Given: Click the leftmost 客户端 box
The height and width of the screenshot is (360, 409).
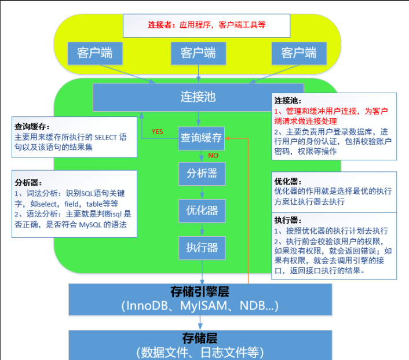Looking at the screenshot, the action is [x=94, y=53].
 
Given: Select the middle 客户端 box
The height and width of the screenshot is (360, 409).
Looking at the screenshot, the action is [x=198, y=53].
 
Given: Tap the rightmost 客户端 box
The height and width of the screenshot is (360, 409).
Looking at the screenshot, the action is [x=299, y=53].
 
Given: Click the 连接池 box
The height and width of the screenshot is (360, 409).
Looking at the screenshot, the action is [x=198, y=97].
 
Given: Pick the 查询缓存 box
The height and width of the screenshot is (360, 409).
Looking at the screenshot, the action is [x=201, y=138].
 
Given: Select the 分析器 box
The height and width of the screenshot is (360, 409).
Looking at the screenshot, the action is [x=202, y=173].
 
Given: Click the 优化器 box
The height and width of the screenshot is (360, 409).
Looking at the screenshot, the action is [x=202, y=210].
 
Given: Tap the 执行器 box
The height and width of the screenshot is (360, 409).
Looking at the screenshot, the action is [x=202, y=248].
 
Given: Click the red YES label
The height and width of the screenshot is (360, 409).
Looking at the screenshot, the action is [x=158, y=131].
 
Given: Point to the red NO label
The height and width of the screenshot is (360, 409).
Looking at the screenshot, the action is [x=213, y=156].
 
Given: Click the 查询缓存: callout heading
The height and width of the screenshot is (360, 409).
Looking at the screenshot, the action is [x=32, y=126].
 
